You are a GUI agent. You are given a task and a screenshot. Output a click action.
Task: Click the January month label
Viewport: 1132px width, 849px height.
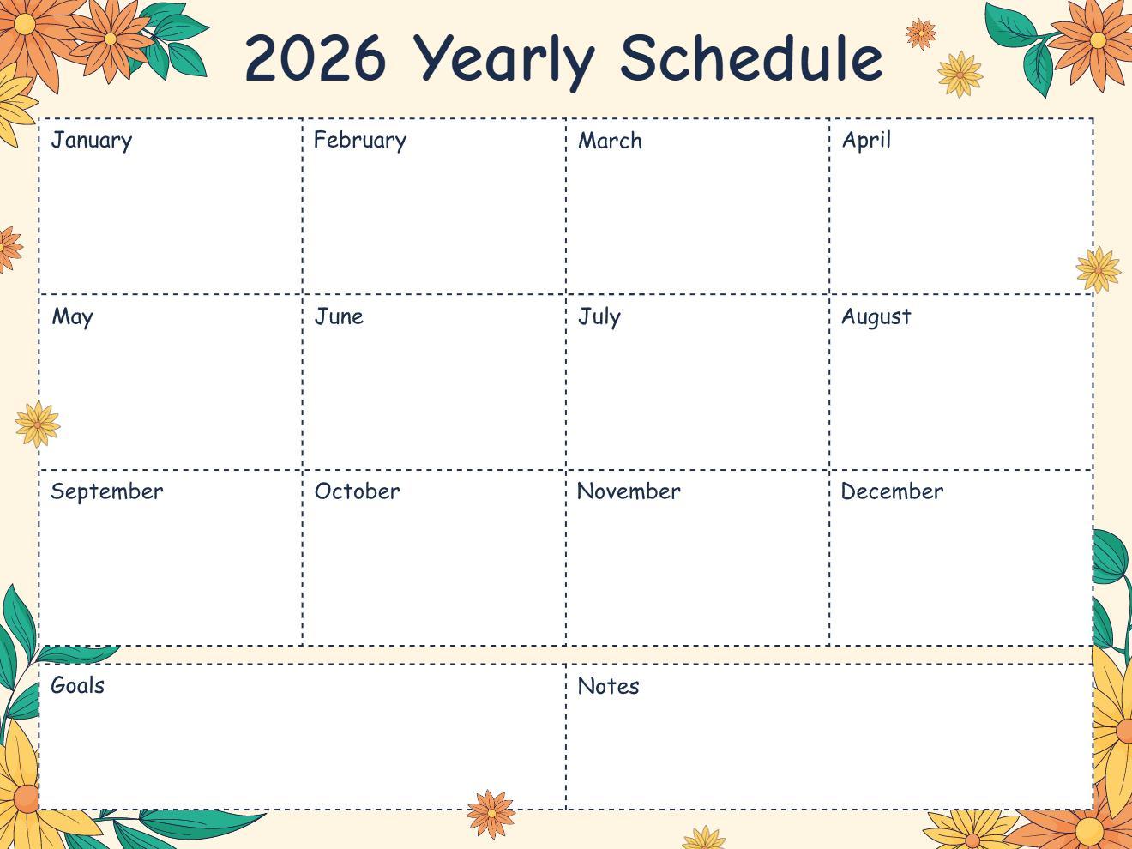(x=92, y=141)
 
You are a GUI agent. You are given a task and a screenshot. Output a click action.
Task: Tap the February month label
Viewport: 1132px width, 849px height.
(x=360, y=141)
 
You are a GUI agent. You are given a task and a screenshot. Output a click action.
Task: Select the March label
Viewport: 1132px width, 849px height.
(x=610, y=141)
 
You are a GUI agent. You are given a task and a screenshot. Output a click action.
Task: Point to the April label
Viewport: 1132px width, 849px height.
(x=866, y=141)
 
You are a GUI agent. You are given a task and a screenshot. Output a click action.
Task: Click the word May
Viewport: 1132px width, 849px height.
(x=73, y=317)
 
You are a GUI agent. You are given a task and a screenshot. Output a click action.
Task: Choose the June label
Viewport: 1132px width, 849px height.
(x=339, y=316)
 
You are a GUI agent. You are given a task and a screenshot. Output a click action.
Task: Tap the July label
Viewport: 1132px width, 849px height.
(x=599, y=316)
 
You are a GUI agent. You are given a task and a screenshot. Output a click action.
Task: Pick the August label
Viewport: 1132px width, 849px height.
(x=876, y=317)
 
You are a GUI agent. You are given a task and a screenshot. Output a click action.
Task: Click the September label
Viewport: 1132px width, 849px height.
(x=107, y=492)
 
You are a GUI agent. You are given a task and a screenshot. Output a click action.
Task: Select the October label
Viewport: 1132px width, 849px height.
(x=357, y=491)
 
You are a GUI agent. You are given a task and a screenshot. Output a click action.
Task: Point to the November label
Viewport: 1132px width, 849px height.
(x=629, y=491)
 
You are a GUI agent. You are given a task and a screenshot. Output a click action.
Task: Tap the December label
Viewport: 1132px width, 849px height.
(x=892, y=491)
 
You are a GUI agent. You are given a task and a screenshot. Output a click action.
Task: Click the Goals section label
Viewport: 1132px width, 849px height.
(x=78, y=685)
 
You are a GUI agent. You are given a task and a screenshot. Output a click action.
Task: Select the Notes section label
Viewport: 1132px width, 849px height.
(x=608, y=686)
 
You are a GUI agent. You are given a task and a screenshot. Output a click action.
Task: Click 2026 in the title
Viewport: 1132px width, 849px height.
(x=315, y=58)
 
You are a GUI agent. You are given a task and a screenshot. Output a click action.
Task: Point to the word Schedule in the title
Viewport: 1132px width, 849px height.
(x=751, y=58)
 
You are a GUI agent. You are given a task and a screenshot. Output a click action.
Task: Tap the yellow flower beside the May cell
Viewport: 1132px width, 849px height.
(x=38, y=424)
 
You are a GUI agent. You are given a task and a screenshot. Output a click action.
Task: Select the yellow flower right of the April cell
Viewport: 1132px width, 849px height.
(x=1098, y=269)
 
